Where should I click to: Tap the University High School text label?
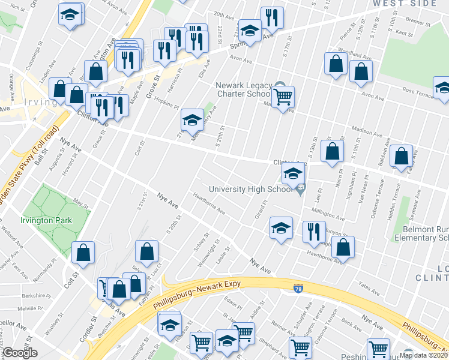click(x=249, y=190)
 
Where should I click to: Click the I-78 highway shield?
click(x=298, y=289)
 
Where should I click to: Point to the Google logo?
click(x=20, y=353)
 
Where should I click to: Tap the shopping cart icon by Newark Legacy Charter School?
click(x=283, y=96)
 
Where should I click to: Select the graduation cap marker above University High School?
click(x=293, y=175)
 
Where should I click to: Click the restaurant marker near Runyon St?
click(x=313, y=232)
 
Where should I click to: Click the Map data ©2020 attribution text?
click(x=422, y=355)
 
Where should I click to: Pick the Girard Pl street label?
click(x=260, y=211)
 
